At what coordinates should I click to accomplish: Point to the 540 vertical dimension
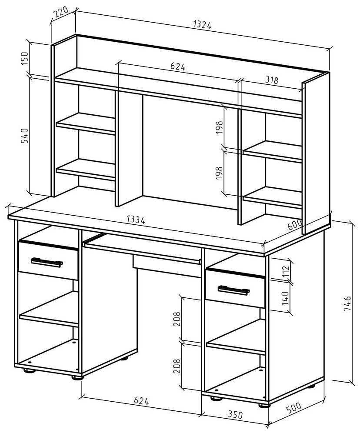pyautogui.click(x=24, y=136)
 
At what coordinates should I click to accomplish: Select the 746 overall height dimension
pyautogui.click(x=347, y=304)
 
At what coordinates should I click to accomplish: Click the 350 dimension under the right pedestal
pyautogui.click(x=235, y=415)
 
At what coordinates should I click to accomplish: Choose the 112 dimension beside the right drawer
pyautogui.click(x=286, y=272)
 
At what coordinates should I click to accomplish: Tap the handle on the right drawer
pyautogui.click(x=234, y=289)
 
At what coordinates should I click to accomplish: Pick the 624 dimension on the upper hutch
pyautogui.click(x=178, y=67)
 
